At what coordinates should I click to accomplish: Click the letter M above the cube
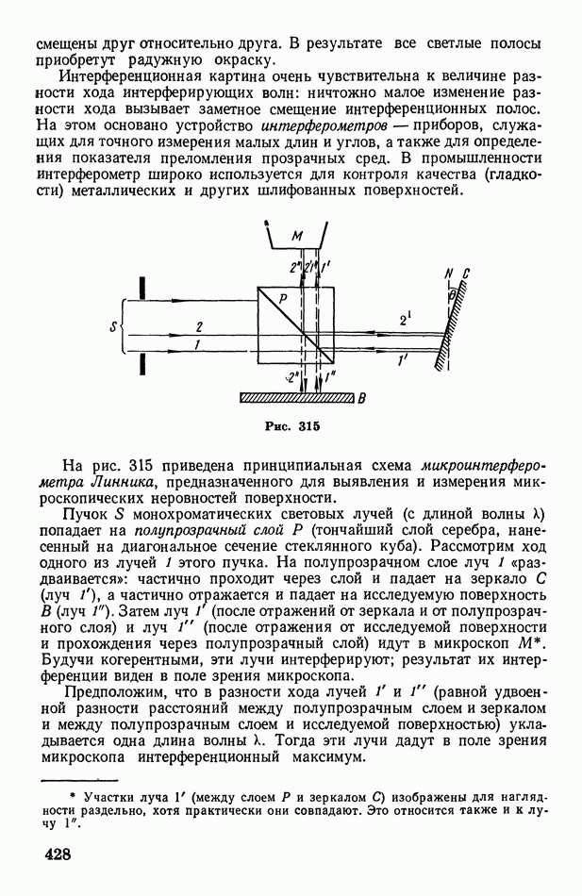296,237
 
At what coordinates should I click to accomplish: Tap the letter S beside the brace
111,328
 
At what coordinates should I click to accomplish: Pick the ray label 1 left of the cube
198,347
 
